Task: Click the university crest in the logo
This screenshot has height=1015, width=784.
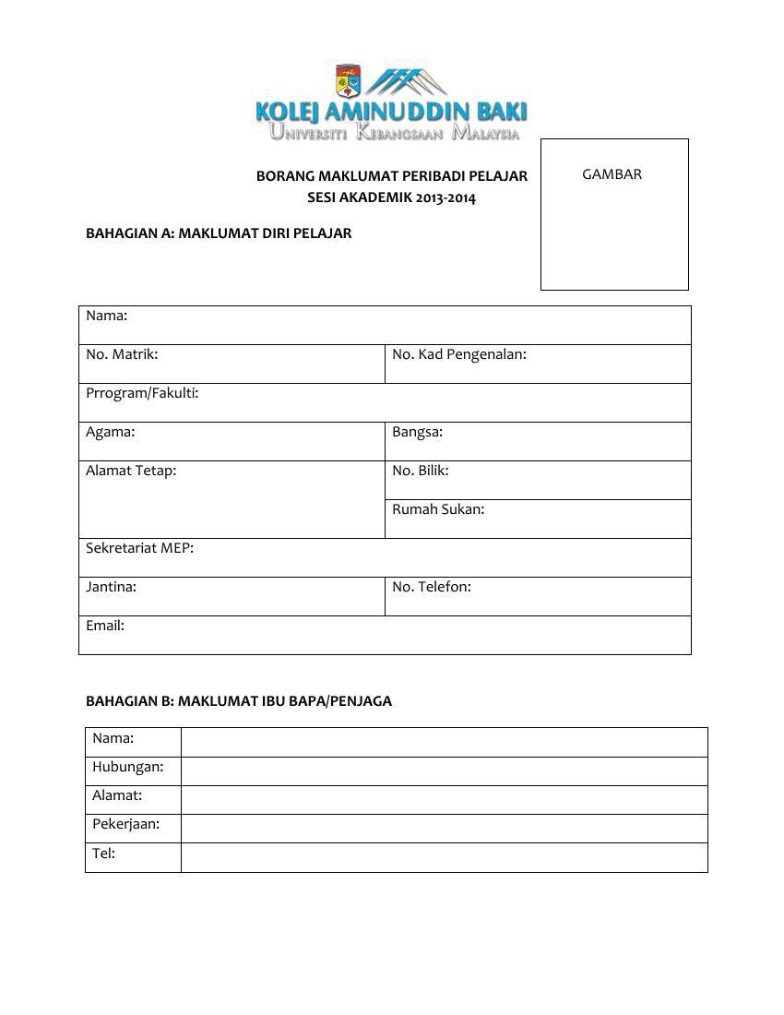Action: [x=348, y=81]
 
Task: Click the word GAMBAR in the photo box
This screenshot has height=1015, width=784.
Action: [x=612, y=174]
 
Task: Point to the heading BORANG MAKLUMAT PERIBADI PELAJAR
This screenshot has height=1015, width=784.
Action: [x=391, y=175]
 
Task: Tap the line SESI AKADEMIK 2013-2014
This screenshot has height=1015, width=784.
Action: [x=391, y=197]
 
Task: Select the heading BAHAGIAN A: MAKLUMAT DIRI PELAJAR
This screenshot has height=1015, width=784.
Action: [x=219, y=233]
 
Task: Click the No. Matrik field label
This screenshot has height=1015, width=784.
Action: [x=122, y=354]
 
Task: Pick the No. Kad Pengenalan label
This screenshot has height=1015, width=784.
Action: [x=458, y=354]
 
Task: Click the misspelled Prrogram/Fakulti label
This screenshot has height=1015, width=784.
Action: [x=142, y=393]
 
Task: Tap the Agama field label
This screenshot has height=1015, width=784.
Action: [x=110, y=432]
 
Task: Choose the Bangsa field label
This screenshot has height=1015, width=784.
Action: [x=417, y=432]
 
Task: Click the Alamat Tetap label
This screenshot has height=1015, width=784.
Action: [x=131, y=471]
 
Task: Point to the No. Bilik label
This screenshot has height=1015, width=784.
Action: [x=420, y=471]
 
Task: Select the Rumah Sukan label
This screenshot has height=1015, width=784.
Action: [x=437, y=509]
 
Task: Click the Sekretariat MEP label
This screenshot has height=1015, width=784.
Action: [x=139, y=548]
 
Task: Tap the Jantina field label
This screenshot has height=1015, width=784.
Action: [x=111, y=587]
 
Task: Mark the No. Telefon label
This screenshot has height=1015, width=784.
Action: [x=431, y=587]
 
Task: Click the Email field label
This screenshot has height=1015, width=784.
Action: [x=105, y=626]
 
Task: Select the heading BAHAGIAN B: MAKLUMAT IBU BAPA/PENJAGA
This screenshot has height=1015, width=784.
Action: [x=239, y=701]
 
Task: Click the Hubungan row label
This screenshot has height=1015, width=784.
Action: [x=127, y=767]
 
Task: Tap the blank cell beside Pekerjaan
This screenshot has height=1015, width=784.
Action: [x=444, y=829]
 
